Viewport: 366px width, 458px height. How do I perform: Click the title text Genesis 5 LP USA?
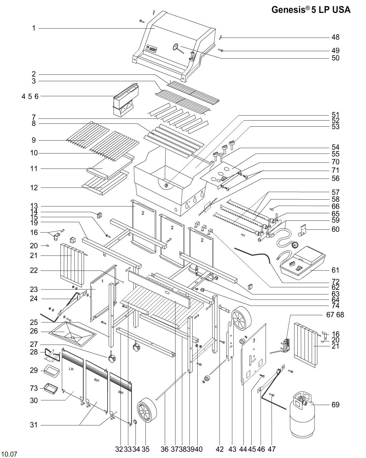click(311, 10)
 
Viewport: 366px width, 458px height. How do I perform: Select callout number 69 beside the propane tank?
click(335, 404)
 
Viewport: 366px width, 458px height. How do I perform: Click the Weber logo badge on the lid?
click(152, 48)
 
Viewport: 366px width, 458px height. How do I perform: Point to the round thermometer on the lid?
click(176, 46)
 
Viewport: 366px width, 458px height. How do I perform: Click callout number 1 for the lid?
click(34, 28)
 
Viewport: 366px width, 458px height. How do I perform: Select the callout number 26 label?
click(34, 331)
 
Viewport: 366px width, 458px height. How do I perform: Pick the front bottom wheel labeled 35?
click(147, 410)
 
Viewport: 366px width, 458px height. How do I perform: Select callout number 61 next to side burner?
click(335, 270)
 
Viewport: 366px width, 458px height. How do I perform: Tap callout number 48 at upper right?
click(335, 37)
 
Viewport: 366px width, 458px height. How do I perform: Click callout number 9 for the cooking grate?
click(34, 140)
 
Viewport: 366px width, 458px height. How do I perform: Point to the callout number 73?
click(34, 388)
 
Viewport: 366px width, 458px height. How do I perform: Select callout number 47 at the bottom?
click(271, 449)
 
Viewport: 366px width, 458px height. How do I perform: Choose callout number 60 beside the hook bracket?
click(335, 229)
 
